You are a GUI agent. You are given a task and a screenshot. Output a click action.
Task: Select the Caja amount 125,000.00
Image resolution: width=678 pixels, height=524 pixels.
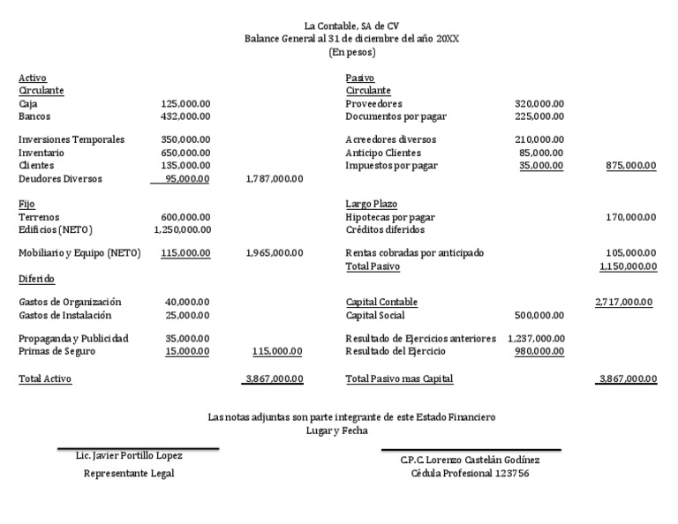185,103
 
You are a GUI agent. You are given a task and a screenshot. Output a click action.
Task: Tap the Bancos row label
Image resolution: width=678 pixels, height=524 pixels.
34,116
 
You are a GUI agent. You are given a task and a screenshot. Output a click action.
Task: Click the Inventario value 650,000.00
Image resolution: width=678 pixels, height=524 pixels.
185,153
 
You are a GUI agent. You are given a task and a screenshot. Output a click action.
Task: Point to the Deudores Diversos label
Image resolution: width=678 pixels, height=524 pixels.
60,179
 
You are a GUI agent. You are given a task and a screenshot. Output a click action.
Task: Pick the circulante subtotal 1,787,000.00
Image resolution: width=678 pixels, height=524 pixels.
274,179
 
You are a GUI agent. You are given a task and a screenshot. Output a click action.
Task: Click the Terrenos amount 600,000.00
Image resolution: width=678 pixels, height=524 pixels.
185,217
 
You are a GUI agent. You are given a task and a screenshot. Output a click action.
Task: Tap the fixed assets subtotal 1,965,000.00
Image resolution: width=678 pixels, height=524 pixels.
274,253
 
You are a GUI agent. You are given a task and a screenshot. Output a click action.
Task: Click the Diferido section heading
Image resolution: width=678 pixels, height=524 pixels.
36,280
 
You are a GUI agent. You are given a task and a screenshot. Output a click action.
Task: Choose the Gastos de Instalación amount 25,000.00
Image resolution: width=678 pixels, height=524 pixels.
188,315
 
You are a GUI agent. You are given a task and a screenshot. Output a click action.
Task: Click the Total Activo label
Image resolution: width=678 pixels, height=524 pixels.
45,379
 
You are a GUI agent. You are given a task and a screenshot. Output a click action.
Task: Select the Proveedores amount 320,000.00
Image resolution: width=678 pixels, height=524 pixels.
539,103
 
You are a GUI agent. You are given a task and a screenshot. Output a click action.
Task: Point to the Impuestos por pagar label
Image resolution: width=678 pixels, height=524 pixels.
391,166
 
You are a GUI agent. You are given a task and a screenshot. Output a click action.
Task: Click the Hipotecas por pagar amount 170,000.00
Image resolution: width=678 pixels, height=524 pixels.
630,217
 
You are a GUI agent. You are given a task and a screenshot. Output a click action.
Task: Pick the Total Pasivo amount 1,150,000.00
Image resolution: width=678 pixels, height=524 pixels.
628,266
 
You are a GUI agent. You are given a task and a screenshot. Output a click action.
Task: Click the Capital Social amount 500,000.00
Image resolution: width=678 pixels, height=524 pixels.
539,315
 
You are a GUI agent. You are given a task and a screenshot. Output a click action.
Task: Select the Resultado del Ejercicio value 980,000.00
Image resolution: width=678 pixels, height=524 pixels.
539,351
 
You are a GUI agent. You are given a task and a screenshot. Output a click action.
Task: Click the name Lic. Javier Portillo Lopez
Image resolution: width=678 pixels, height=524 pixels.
130,456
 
